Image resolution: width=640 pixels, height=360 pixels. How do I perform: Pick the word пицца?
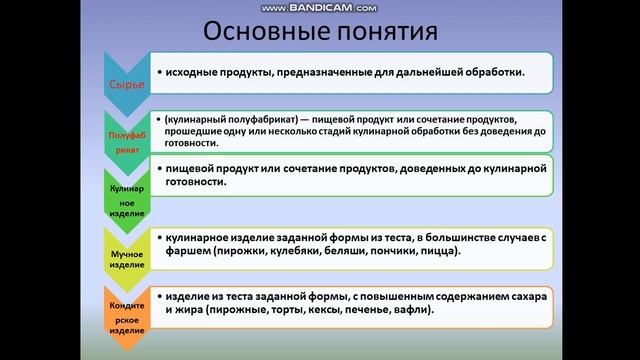[x=435, y=251]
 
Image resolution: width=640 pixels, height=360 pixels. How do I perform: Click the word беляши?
[x=337, y=251]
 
